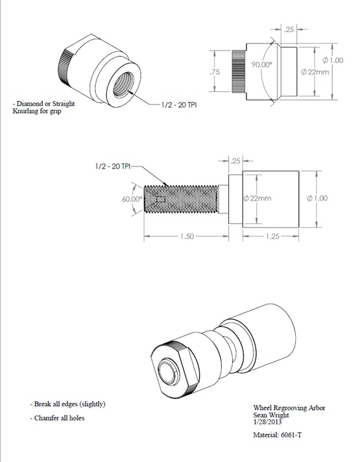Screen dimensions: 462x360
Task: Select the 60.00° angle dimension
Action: click(x=132, y=199)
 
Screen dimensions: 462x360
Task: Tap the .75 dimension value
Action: click(x=216, y=73)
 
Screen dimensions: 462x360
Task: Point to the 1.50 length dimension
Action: click(x=185, y=237)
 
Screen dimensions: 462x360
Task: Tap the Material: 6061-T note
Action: click(x=277, y=435)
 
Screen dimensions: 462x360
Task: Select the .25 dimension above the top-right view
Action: click(x=290, y=29)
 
